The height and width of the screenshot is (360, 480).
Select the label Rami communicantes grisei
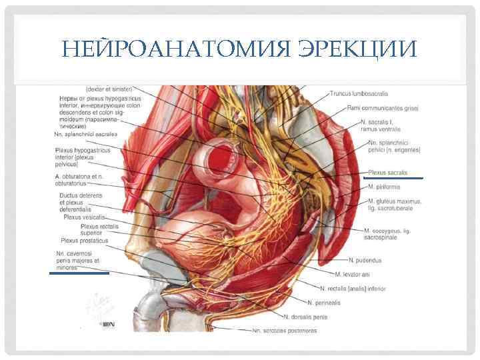pos(383,108)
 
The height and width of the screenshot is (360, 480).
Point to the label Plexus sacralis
pos(387,172)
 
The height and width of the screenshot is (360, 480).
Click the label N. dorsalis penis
pos(306,316)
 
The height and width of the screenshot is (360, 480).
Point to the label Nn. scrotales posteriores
pos(284,330)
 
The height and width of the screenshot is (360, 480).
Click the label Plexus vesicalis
pos(84,217)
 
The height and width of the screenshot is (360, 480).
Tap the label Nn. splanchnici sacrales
pos(85,134)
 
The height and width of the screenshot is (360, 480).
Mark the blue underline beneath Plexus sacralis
pos(393,179)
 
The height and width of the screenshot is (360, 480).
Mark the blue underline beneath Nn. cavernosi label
pos(79,273)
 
